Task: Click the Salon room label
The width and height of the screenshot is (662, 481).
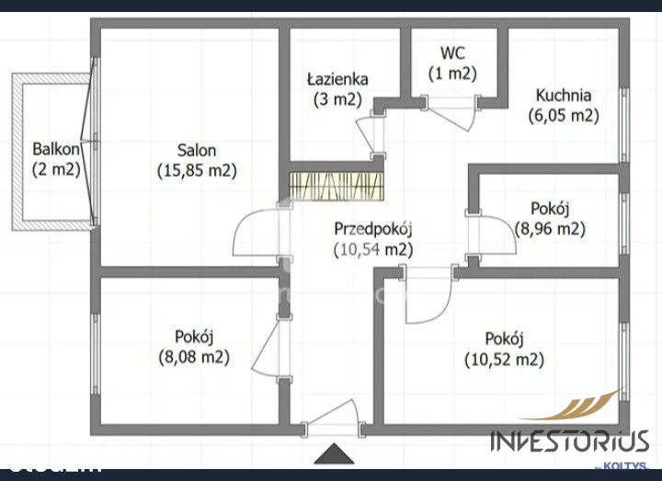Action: (x=197, y=150)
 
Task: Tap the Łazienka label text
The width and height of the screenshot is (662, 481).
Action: (x=337, y=79)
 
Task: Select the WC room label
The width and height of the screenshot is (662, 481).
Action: (x=452, y=53)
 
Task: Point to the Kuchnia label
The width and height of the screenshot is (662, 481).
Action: (x=564, y=96)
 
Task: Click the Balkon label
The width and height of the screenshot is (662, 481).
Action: (x=56, y=149)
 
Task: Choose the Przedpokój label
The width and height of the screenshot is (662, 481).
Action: (x=373, y=229)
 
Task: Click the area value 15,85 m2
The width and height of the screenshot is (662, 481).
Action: (x=197, y=171)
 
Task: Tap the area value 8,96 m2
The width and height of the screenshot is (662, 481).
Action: (x=550, y=229)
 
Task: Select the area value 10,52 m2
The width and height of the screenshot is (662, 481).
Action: (x=504, y=360)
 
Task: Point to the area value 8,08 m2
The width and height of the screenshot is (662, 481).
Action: (x=194, y=357)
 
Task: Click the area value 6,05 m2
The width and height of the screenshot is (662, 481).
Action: (x=564, y=116)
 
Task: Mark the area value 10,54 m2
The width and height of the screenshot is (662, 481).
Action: (x=373, y=250)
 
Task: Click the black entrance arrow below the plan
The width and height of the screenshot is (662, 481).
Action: (x=334, y=453)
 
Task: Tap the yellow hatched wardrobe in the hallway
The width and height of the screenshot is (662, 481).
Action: (x=337, y=186)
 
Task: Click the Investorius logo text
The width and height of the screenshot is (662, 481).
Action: (x=569, y=441)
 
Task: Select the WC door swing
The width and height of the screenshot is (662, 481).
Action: (x=451, y=114)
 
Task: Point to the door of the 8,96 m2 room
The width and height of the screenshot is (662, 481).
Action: (x=491, y=235)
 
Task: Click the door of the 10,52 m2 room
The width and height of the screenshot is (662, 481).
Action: (x=428, y=295)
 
